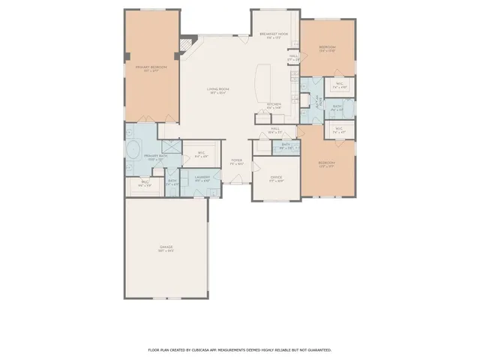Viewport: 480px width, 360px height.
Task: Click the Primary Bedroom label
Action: pos(151,69)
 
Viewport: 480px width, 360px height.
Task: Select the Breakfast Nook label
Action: pos(274,36)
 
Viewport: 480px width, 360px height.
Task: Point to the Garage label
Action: pos(166,248)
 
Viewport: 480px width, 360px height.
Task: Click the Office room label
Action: pos(276,179)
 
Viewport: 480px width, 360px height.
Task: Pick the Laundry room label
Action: pos(202,178)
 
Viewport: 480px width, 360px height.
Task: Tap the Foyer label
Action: pos(237,161)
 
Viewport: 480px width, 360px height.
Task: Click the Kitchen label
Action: pos(274,106)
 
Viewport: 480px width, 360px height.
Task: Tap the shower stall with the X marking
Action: pos(170,148)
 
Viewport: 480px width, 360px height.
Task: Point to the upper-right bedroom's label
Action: pos(327,49)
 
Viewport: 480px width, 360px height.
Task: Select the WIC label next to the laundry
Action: pos(201,155)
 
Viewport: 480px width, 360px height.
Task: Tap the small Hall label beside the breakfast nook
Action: pos(293,57)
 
